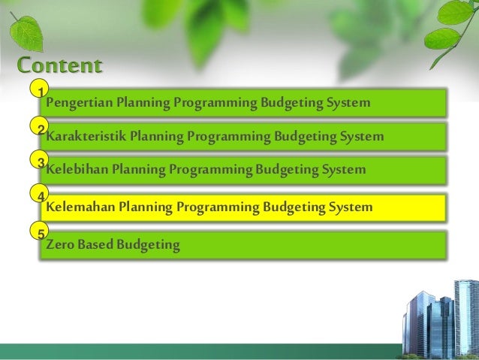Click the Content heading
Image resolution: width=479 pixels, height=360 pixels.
(x=59, y=65)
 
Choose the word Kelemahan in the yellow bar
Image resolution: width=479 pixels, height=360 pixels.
(x=81, y=206)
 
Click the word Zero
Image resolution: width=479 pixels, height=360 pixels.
(x=61, y=245)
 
